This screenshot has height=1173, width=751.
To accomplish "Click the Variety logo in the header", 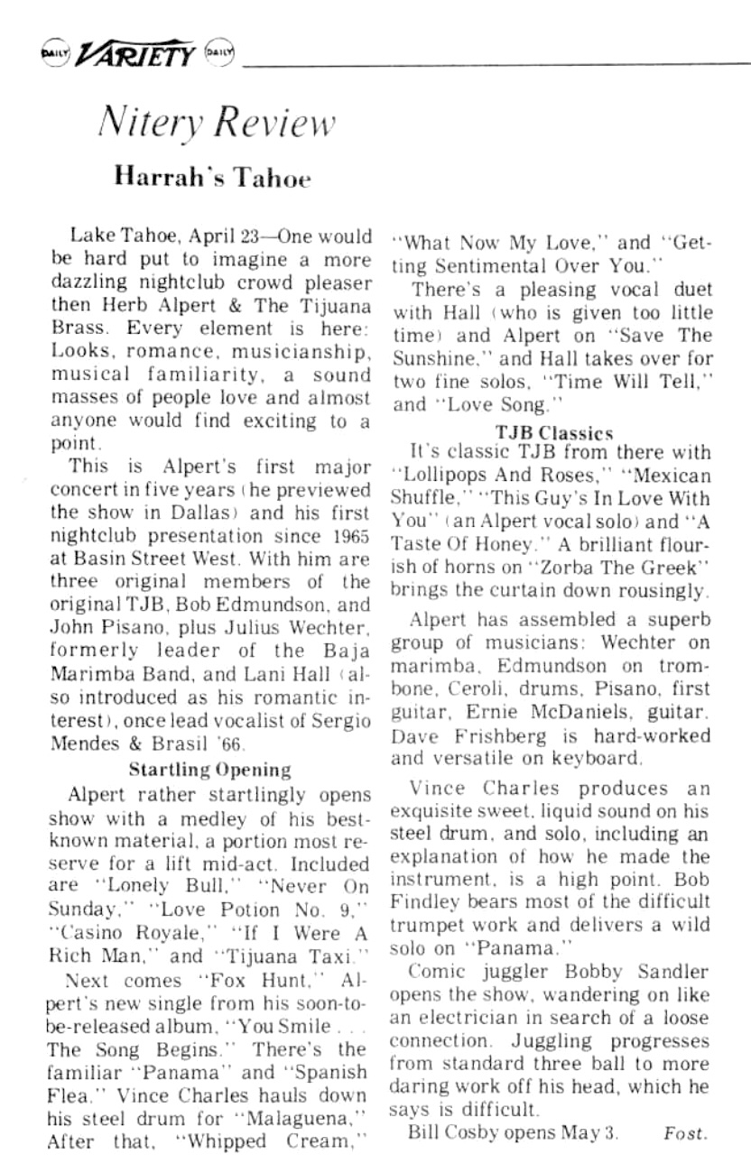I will [x=135, y=56].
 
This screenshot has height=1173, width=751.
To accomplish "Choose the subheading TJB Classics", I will [x=555, y=432].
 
